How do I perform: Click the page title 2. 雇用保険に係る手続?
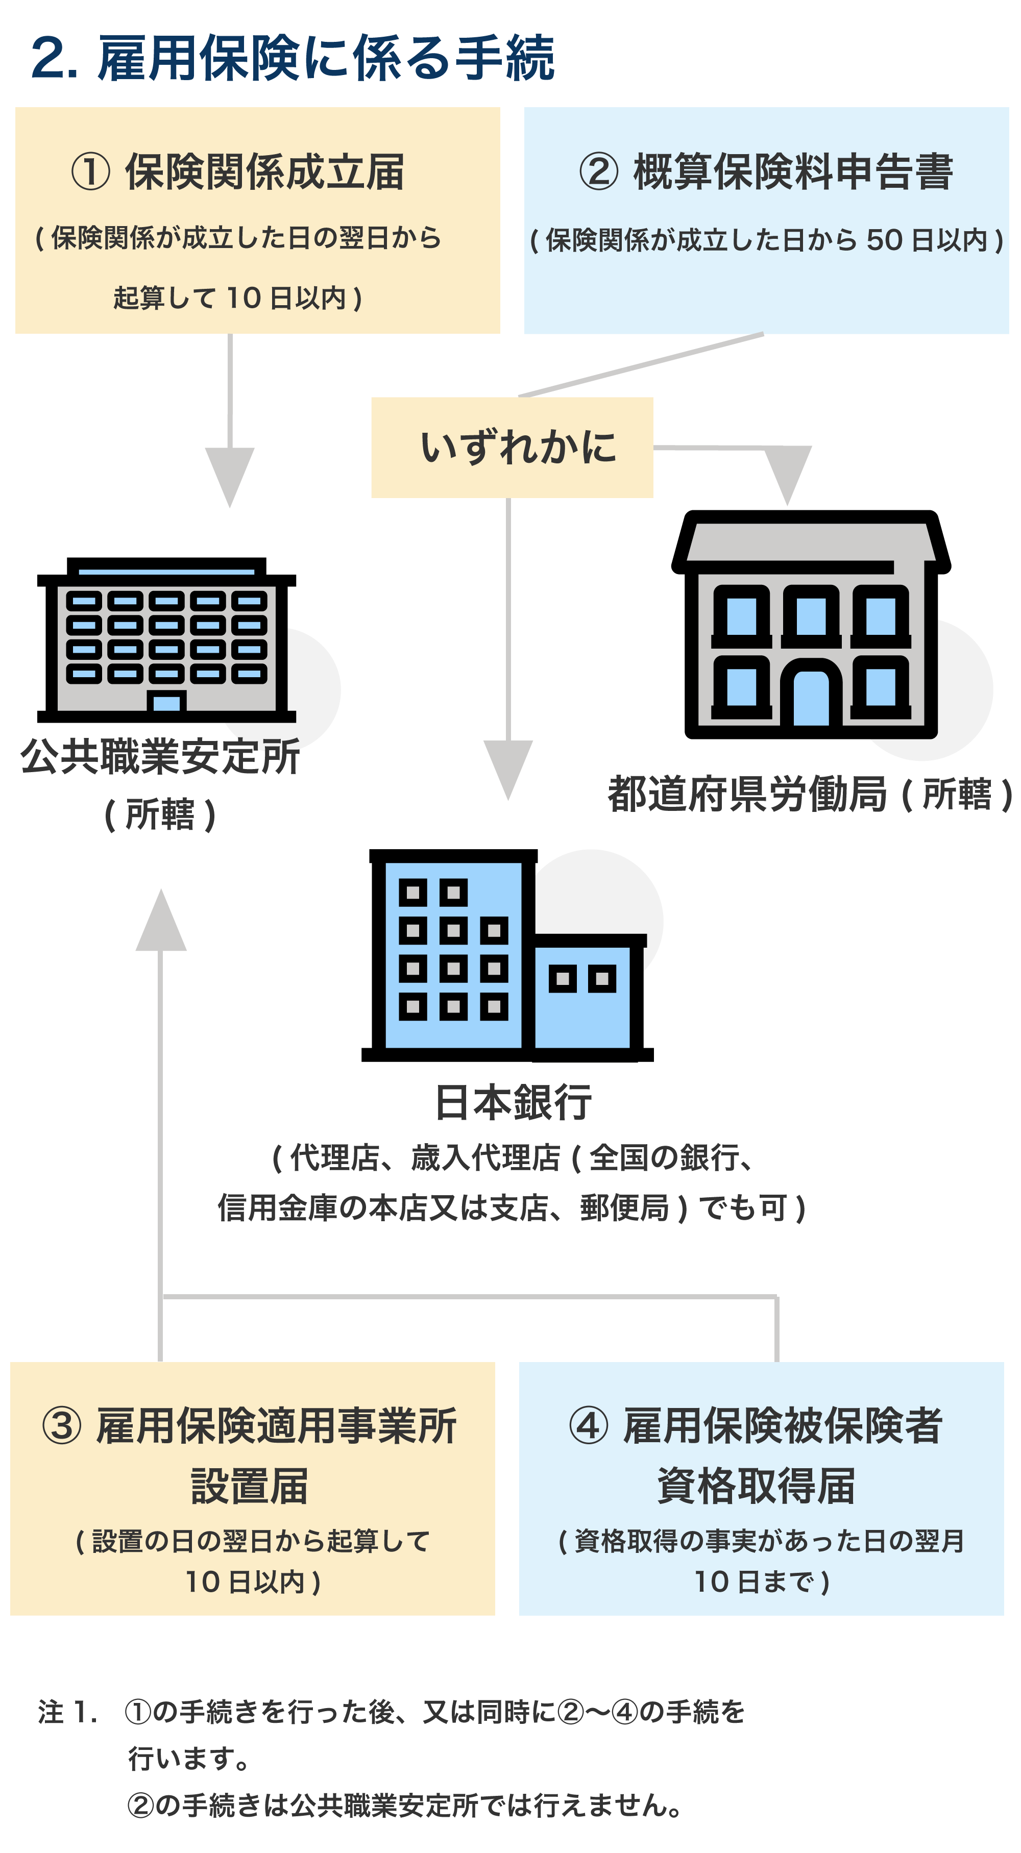292,58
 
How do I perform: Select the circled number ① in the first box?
90,172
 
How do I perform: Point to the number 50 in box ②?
884,240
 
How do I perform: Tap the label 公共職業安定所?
160,757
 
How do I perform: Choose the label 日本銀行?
513,1102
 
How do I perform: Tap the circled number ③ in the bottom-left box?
62,1426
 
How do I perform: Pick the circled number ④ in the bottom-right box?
589,1426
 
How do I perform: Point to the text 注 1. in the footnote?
67,1712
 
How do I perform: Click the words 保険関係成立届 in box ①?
264,172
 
